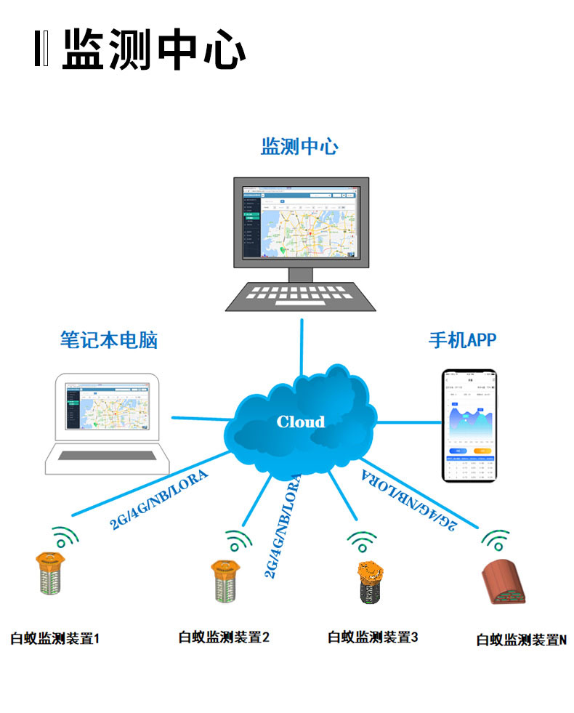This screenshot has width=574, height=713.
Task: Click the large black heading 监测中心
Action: tap(153, 51)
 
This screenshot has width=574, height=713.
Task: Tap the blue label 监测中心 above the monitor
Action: tap(299, 146)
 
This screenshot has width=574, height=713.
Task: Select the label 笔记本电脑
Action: tap(108, 339)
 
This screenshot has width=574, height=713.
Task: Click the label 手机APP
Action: tap(462, 339)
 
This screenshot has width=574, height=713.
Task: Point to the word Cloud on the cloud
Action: tap(301, 422)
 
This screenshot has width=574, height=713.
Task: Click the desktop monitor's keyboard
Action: tap(300, 296)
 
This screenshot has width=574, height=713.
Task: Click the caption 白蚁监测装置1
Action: tap(54, 640)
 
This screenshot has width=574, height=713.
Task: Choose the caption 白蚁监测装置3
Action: tap(373, 637)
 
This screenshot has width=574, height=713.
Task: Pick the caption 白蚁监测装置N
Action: tap(521, 640)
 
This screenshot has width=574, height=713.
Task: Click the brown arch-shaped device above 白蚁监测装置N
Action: tap(506, 583)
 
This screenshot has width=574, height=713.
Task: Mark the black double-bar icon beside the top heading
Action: tap(41, 50)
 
